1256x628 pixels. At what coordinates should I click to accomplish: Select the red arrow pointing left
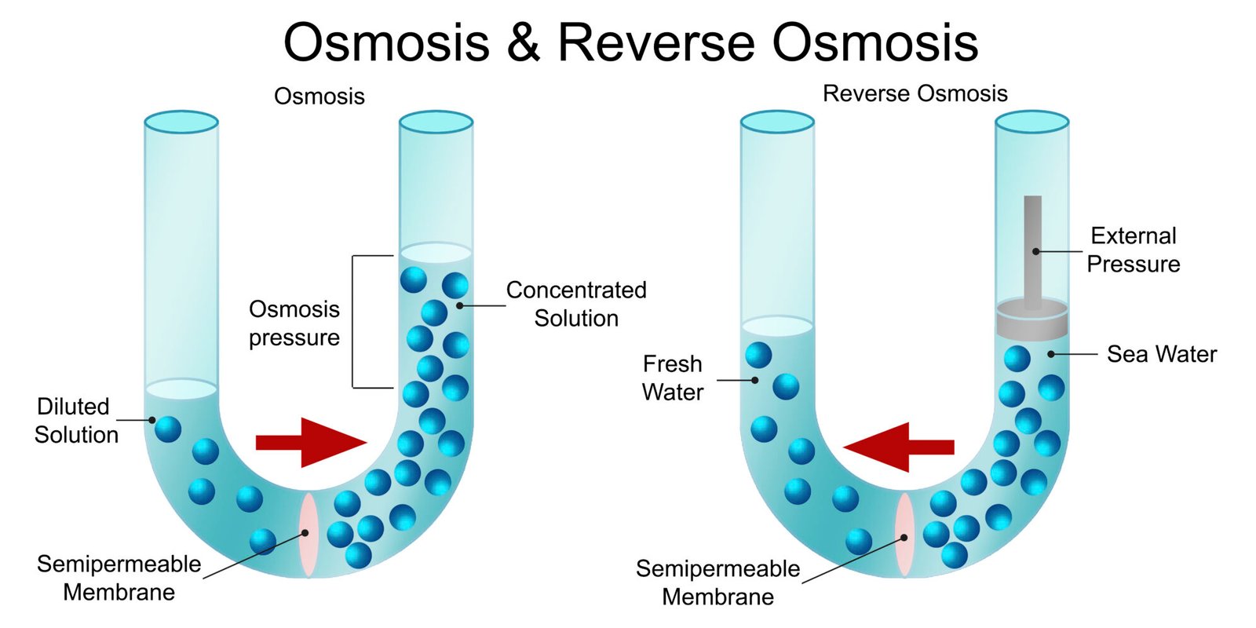(x=898, y=447)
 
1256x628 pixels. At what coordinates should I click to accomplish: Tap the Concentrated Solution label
(x=576, y=304)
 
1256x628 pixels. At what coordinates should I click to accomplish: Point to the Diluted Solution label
(x=76, y=420)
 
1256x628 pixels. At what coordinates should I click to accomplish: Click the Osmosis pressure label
(x=294, y=323)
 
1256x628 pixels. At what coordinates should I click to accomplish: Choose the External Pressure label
(x=1133, y=250)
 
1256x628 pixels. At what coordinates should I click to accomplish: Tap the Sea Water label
(x=1161, y=354)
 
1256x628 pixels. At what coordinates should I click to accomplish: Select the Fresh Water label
(x=673, y=378)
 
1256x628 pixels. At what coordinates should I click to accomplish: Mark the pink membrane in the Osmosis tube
(x=308, y=534)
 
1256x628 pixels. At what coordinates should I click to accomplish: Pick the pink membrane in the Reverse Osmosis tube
(x=905, y=535)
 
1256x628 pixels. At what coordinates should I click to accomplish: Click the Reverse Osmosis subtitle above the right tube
(x=915, y=93)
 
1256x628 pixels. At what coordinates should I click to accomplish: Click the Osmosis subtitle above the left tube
(x=319, y=96)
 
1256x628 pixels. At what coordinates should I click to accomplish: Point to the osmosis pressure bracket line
(x=353, y=322)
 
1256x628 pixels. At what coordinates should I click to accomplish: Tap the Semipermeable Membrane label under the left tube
(x=119, y=577)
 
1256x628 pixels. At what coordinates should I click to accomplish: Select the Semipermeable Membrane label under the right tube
(x=717, y=582)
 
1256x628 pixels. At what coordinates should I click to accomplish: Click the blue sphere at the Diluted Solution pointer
(x=168, y=429)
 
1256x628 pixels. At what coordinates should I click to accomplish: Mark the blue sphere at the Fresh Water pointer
(x=785, y=386)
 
